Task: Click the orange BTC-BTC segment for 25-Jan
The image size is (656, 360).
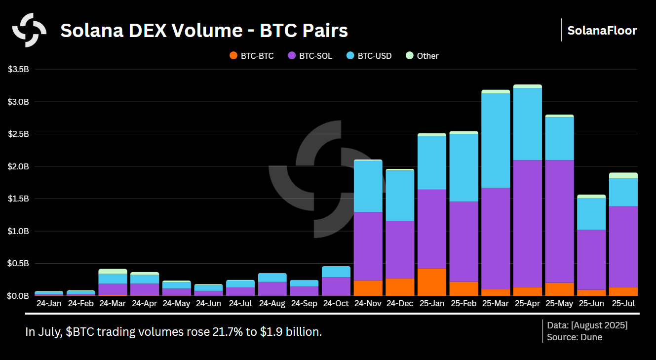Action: pyautogui.click(x=431, y=282)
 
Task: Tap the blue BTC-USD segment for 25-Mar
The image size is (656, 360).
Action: pyautogui.click(x=496, y=140)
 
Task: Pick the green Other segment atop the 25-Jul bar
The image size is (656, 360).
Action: pyautogui.click(x=623, y=175)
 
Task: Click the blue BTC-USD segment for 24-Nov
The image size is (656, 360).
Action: pyautogui.click(x=368, y=186)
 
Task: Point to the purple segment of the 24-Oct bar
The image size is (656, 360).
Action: pyautogui.click(x=336, y=286)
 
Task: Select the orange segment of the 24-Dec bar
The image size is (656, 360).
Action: pyautogui.click(x=400, y=287)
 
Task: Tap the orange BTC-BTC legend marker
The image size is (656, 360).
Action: pyautogui.click(x=233, y=56)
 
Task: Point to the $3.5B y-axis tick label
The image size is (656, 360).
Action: pyautogui.click(x=19, y=70)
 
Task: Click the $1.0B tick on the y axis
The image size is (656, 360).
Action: pyautogui.click(x=19, y=231)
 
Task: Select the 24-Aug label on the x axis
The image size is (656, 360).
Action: pyautogui.click(x=272, y=303)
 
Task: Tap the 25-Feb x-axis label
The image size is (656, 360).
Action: pyautogui.click(x=463, y=303)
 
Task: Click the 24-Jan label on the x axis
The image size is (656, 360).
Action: pyautogui.click(x=49, y=303)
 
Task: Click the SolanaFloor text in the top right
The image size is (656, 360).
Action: pyautogui.click(x=602, y=31)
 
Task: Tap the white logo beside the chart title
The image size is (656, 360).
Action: pyautogui.click(x=29, y=30)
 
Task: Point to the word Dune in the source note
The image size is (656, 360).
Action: pyautogui.click(x=592, y=337)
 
